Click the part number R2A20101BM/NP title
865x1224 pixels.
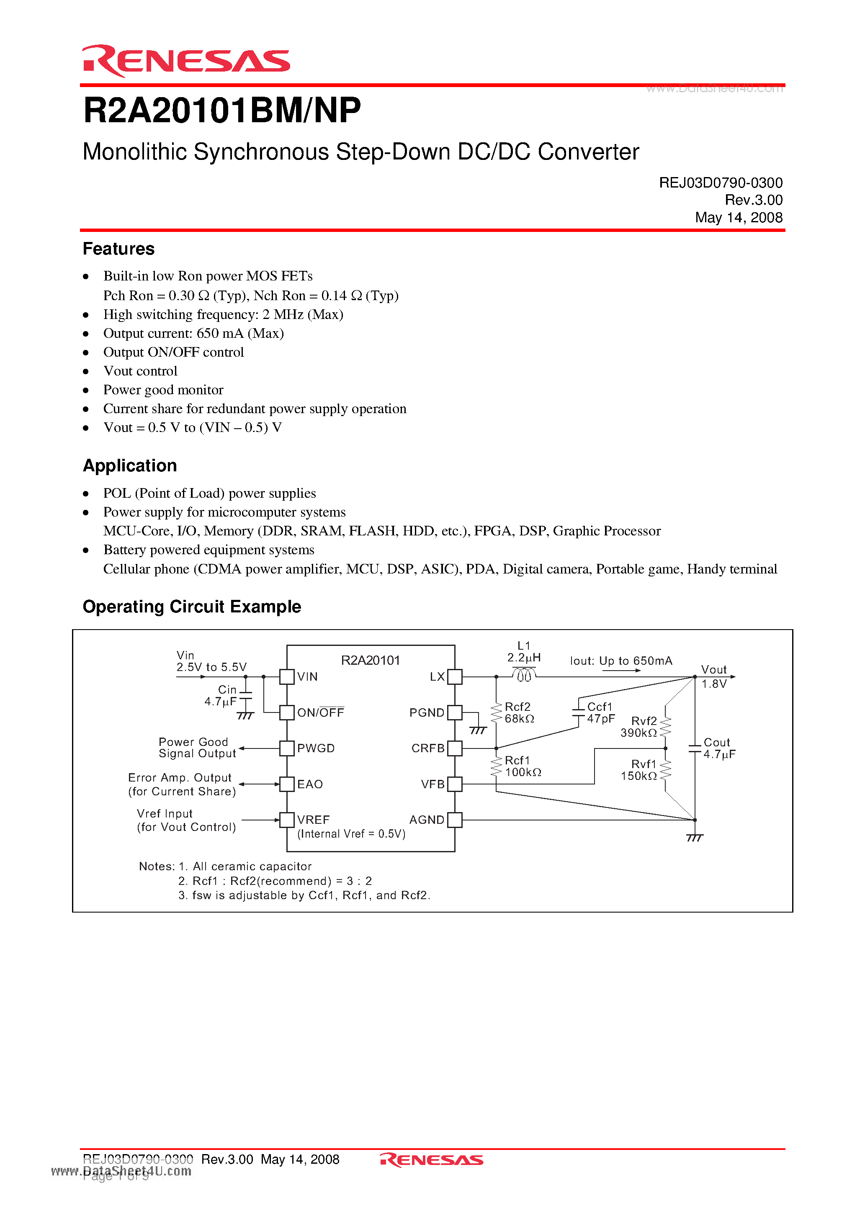pos(222,111)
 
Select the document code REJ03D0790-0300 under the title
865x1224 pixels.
pos(720,183)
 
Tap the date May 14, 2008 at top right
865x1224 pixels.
pos(738,218)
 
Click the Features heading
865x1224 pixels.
pos(118,249)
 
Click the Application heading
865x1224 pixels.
pos(130,465)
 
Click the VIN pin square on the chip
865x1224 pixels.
pos(287,676)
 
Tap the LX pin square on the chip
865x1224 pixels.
pos(454,676)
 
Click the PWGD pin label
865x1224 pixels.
pos(316,748)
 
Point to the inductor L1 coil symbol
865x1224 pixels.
pos(524,676)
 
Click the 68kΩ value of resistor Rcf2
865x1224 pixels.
pos(519,719)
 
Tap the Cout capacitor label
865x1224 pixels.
pos(716,743)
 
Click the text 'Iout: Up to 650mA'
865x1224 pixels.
pos(621,661)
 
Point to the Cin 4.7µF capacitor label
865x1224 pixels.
pos(221,696)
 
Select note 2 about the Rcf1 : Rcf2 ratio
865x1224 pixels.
pos(275,881)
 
